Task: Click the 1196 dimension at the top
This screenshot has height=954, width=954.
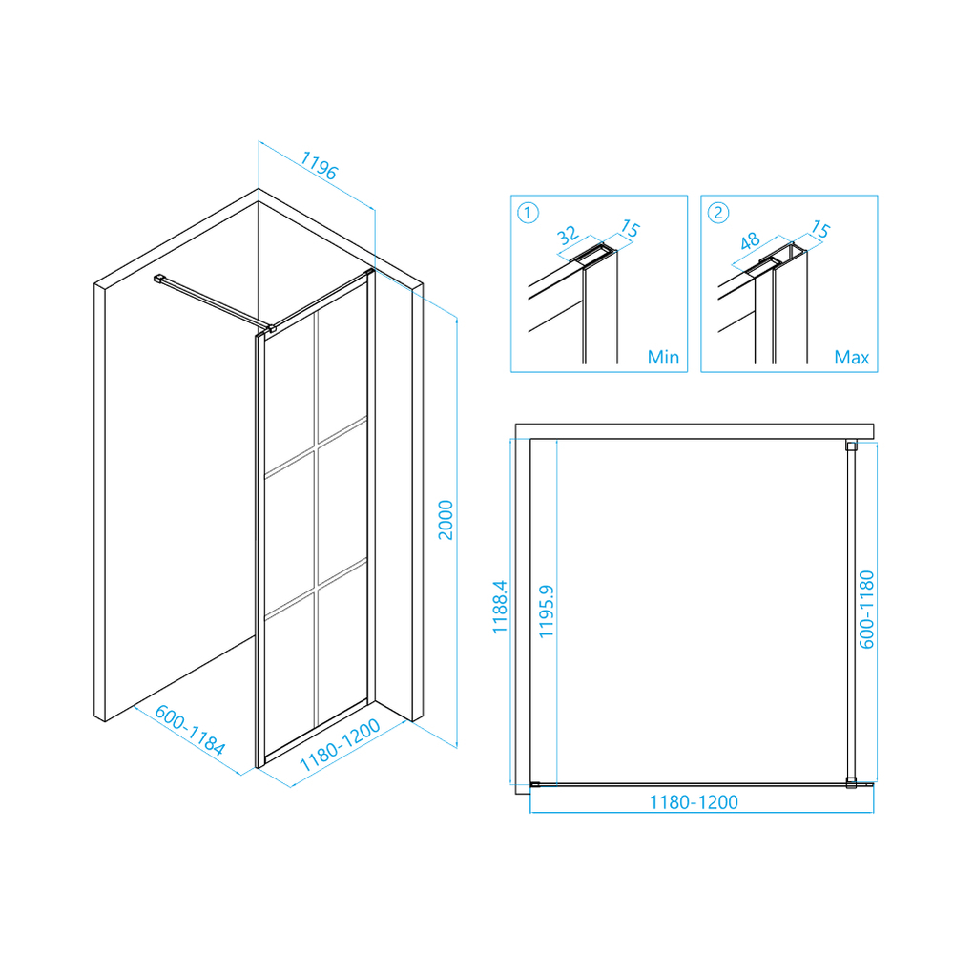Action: pos(319,165)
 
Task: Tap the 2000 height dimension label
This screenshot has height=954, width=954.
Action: pos(446,520)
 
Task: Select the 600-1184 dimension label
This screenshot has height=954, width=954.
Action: pos(190,730)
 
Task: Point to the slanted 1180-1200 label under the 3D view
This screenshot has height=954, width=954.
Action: pos(340,745)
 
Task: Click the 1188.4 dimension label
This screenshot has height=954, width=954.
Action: pos(500,607)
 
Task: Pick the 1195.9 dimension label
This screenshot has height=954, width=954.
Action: pos(547,612)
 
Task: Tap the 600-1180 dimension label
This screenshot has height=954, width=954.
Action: pos(866,610)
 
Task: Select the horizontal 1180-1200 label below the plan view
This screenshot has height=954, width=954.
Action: pos(694,802)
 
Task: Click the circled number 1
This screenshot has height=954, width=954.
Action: pos(528,213)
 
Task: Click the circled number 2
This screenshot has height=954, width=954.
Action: pos(718,213)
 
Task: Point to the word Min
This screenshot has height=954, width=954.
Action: pos(663,357)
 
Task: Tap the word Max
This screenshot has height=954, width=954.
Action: pos(852,357)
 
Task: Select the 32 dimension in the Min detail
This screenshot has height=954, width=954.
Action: pos(567,235)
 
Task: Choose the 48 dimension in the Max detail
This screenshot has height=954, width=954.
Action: pos(750,241)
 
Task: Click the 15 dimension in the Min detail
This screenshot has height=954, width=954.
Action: pos(631,229)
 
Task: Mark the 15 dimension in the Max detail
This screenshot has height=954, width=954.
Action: pos(820,229)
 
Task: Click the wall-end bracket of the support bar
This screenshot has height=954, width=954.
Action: pos(159,279)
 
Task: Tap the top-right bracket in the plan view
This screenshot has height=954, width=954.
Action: pos(851,446)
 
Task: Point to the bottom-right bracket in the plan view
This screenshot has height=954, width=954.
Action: pos(851,783)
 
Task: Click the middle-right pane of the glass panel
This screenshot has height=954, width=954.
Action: pos(342,502)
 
